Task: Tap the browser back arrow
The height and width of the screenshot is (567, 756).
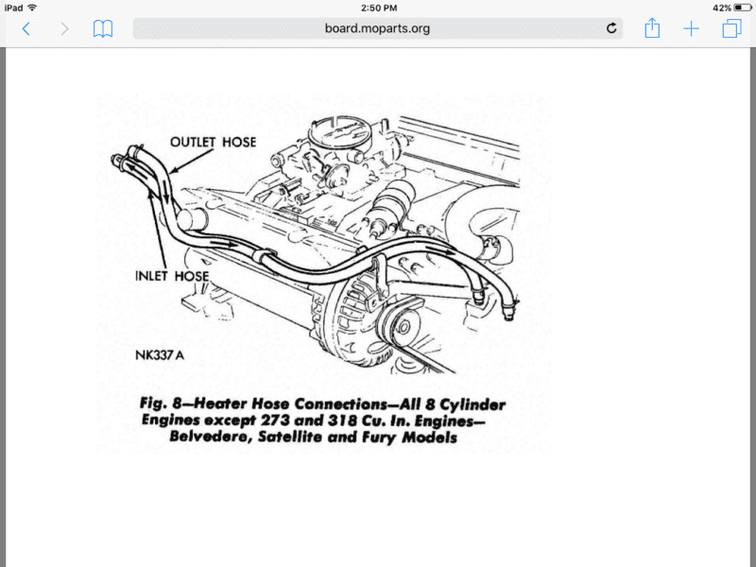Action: point(26,29)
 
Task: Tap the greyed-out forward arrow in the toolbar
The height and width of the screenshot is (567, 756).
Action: point(64,29)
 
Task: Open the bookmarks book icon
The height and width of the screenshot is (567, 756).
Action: point(103,29)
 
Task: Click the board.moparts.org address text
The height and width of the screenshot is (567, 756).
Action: point(377,28)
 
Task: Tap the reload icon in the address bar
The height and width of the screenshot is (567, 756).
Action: point(611,28)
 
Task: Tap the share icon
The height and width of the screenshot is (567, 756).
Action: point(652,27)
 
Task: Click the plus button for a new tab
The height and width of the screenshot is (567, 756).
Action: point(691,29)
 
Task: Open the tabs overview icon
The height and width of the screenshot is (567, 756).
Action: point(731,28)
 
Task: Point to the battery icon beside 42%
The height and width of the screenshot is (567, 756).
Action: point(742,8)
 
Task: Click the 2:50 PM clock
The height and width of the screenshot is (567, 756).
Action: point(379,8)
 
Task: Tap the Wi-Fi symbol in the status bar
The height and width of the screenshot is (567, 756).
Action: point(32,8)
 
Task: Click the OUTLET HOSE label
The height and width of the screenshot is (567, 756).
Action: point(214,143)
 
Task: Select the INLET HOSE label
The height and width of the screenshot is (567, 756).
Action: point(172,276)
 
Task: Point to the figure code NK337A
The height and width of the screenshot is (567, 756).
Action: point(160,355)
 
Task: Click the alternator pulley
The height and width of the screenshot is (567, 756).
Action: point(403,326)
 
